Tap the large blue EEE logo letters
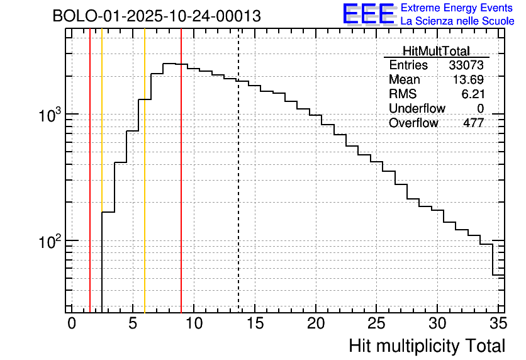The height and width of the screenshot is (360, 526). tap(369, 14)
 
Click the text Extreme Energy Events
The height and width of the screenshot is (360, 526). tap(457, 8)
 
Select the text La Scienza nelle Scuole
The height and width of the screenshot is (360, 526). tap(457, 21)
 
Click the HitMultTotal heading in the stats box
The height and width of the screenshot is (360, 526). tap(436, 51)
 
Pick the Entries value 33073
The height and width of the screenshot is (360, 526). tap(466, 65)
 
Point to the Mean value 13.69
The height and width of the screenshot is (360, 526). tap(468, 80)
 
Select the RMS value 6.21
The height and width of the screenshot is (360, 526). tap(473, 94)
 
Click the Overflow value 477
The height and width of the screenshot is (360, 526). tap(473, 123)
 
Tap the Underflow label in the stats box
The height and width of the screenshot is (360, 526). tap(417, 109)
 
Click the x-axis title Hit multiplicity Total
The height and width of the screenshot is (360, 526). tap(427, 346)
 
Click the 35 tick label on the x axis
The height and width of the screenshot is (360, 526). tap(498, 323)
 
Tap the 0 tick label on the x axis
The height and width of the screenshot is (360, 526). tap(72, 323)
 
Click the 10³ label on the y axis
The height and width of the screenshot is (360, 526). tap(49, 115)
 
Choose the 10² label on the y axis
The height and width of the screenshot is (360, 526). tap(49, 242)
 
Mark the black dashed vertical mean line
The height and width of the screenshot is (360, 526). tap(238, 189)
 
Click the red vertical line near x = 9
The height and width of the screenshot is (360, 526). tap(181, 189)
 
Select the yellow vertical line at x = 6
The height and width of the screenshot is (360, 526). tap(145, 189)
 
